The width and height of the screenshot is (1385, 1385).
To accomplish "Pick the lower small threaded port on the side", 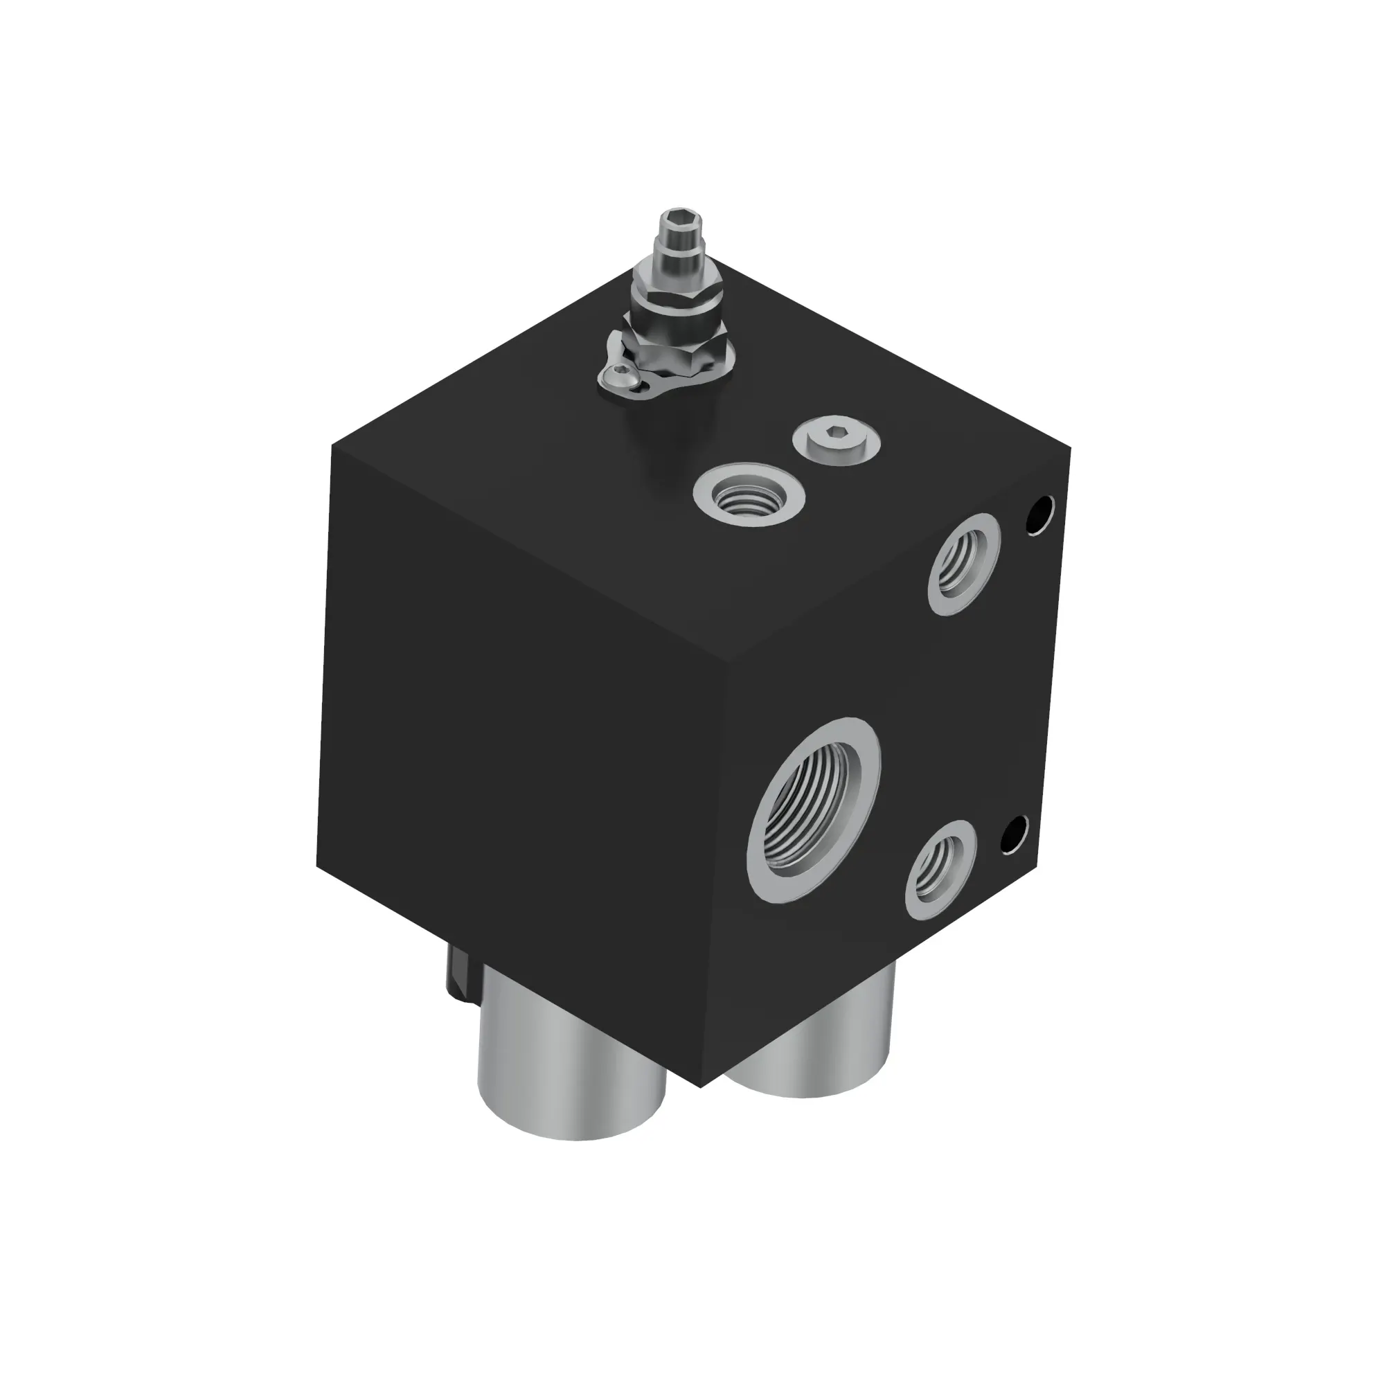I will coord(940,870).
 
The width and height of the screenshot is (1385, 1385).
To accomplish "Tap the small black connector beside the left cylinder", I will coord(460,977).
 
